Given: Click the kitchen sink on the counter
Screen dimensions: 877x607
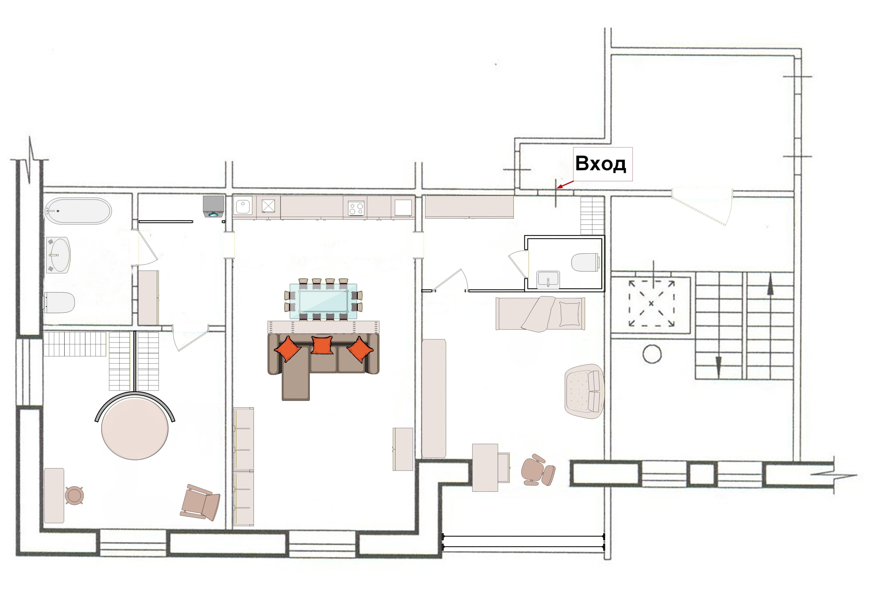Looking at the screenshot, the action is click(x=242, y=207).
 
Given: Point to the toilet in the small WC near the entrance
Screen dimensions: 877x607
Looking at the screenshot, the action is click(x=586, y=262).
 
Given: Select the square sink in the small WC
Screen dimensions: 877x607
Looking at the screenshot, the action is click(x=548, y=280).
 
